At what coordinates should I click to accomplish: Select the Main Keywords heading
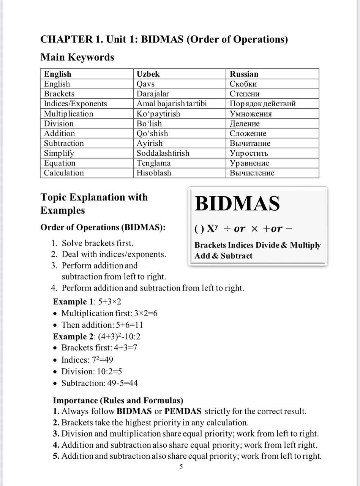(x=77, y=57)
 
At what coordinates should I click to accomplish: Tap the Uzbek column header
(x=148, y=74)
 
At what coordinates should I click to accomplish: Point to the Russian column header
(x=244, y=74)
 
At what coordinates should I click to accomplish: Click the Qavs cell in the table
(x=145, y=84)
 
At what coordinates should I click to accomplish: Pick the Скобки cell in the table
(x=243, y=84)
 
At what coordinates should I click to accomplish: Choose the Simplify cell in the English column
(x=59, y=153)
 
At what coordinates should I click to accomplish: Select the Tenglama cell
(x=153, y=163)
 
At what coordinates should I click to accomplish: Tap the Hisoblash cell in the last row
(x=154, y=173)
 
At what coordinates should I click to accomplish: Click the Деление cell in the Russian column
(x=245, y=123)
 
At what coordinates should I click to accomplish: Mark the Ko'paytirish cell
(x=158, y=114)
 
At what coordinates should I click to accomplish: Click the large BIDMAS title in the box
(x=237, y=204)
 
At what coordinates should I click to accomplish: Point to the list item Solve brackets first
(x=98, y=243)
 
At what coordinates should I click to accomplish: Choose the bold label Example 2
(x=73, y=336)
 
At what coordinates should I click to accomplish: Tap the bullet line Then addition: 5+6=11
(x=102, y=325)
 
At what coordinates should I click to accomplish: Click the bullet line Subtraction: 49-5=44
(x=99, y=383)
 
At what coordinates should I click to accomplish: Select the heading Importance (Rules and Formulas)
(x=118, y=401)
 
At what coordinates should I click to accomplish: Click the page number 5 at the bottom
(x=181, y=467)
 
